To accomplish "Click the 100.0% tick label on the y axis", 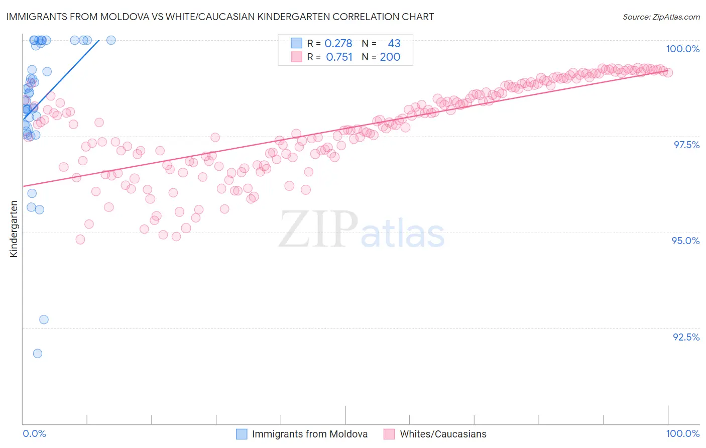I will [682, 49].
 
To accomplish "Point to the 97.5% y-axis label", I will [686, 145].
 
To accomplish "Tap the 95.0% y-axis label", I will [685, 241].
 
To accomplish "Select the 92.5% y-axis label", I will [686, 337].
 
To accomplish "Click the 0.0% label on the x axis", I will [34, 433].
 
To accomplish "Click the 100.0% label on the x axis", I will [682, 433].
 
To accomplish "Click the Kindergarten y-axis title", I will [14, 229].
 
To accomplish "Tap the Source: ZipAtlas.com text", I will [661, 17].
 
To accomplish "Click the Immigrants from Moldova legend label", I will [309, 434].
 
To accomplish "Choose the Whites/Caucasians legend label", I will [443, 434].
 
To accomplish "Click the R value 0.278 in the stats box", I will [338, 44].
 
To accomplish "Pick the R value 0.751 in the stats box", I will [339, 57].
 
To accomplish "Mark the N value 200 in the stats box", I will [390, 57].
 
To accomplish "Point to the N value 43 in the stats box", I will [394, 44].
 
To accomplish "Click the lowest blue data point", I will [37, 354].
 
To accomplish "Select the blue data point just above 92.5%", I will [44, 319].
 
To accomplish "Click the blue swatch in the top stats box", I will [296, 43].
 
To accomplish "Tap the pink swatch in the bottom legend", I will [389, 434].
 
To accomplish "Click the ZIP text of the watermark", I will [318, 229].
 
